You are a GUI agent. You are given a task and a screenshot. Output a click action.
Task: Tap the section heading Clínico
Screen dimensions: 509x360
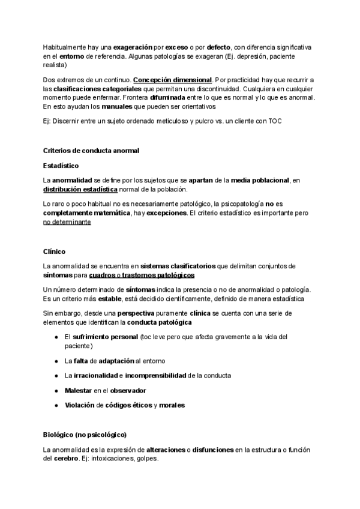pos(54,251)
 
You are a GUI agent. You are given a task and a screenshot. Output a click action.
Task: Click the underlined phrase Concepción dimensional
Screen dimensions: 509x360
pos(172,80)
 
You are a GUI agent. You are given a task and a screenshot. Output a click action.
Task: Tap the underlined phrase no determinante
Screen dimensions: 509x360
pos(67,221)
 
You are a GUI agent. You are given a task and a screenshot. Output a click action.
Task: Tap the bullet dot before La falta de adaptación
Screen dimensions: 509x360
pos(56,361)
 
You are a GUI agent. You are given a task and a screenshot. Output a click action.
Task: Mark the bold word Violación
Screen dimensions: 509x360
pos(79,405)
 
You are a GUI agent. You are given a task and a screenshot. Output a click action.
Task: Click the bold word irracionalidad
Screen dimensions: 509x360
pos(94,375)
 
